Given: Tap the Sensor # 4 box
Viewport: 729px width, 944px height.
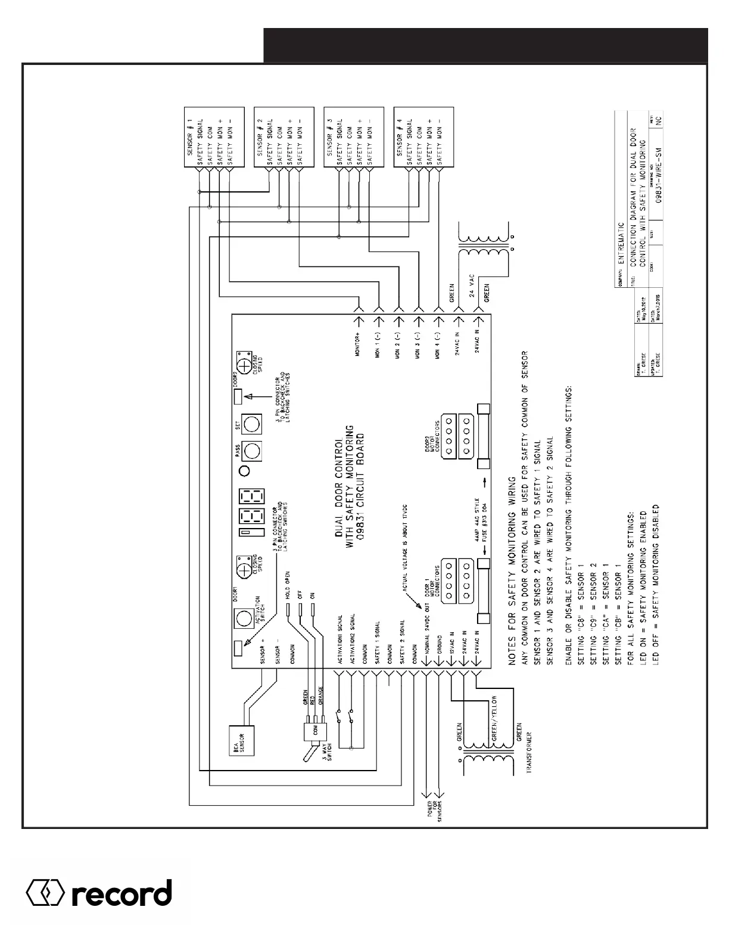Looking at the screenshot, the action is pos(423,137).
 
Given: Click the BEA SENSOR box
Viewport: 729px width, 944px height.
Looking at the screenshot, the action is pos(238,741).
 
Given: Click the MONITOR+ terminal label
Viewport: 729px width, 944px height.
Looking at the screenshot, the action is pos(359,344).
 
